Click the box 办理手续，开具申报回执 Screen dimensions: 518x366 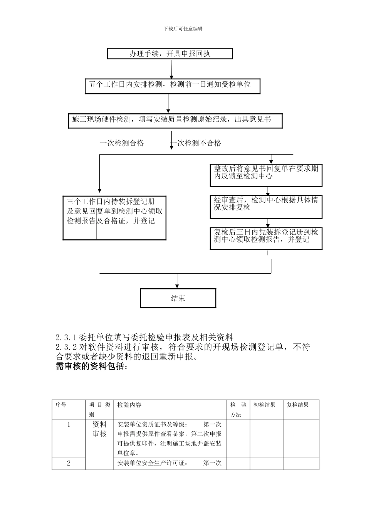pos(170,54)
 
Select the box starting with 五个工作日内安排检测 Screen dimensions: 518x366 pos(172,86)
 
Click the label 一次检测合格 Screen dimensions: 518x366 pos(122,143)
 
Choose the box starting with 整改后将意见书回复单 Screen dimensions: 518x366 pos(266,175)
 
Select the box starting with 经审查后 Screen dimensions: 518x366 pos(266,207)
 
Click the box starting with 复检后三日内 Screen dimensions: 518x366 pos(266,239)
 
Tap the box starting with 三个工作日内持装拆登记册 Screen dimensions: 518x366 pos(114,218)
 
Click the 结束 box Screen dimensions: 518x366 pos(178,298)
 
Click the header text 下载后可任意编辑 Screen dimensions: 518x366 pos(183,29)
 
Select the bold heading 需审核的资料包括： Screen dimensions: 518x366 pos(91,367)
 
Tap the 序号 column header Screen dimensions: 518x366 pos(61,405)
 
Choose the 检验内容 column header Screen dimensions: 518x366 pos(129,405)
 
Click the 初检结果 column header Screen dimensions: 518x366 pos(264,405)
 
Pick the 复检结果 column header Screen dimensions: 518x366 pos(298,405)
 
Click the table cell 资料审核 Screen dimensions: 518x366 pos(99,429)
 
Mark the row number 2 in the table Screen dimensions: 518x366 pos(69,463)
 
